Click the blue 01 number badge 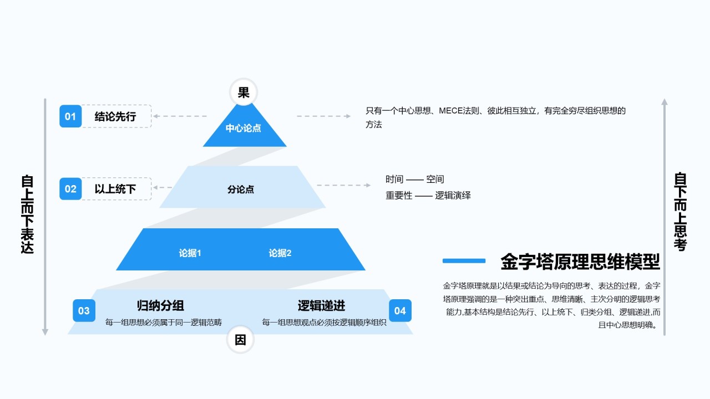[x=70, y=116]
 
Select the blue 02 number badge [x=70, y=189]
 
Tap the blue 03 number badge [x=84, y=311]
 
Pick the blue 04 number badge [x=400, y=311]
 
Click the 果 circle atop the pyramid [x=244, y=93]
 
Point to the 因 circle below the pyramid [x=240, y=340]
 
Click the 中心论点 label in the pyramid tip [x=243, y=129]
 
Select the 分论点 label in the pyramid [x=241, y=190]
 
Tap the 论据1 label [x=190, y=253]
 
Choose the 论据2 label [x=280, y=253]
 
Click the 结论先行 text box [x=115, y=116]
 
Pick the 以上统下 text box [x=115, y=189]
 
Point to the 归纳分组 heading [x=160, y=305]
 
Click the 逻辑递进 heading [x=321, y=305]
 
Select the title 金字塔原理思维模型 [x=580, y=261]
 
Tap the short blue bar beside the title [x=464, y=260]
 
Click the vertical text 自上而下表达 [x=27, y=214]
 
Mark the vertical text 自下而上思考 [x=681, y=212]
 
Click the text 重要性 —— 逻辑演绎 [x=428, y=196]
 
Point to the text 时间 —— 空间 [x=415, y=180]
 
